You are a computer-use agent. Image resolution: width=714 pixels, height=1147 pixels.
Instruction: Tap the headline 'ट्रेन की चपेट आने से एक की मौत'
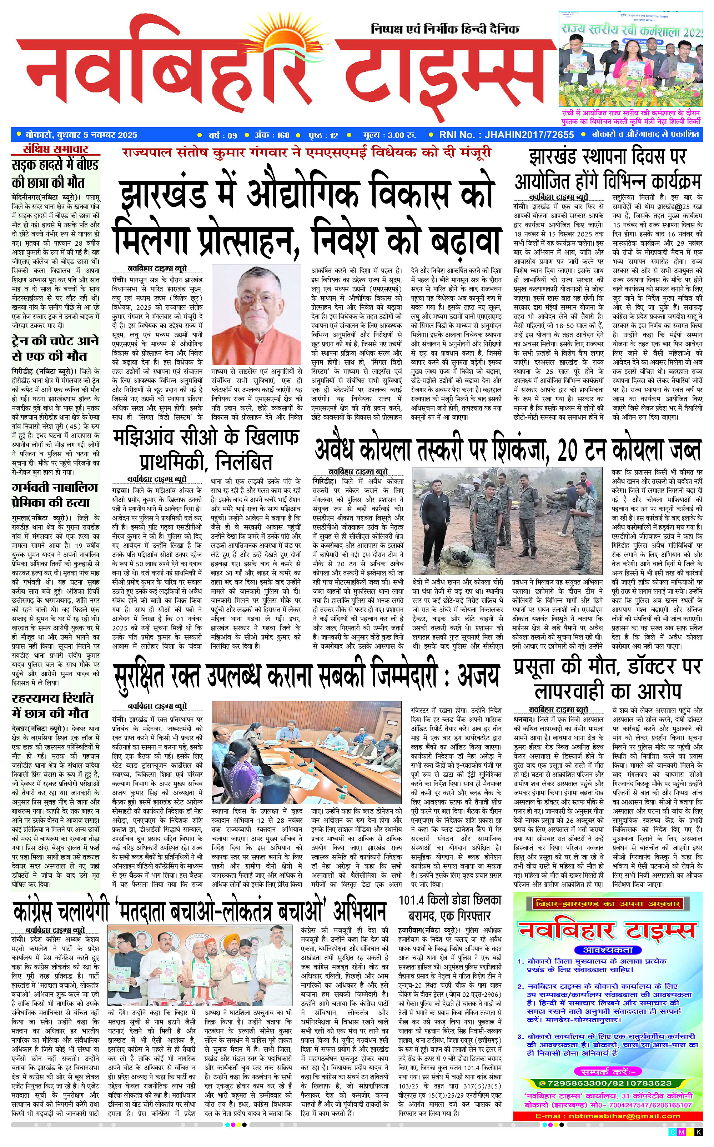[x=55, y=348]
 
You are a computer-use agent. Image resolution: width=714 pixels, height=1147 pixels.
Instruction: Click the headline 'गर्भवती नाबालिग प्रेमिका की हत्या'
[x=55, y=495]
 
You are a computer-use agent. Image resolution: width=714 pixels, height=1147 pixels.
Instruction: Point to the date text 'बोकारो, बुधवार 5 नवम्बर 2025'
[x=81, y=135]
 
